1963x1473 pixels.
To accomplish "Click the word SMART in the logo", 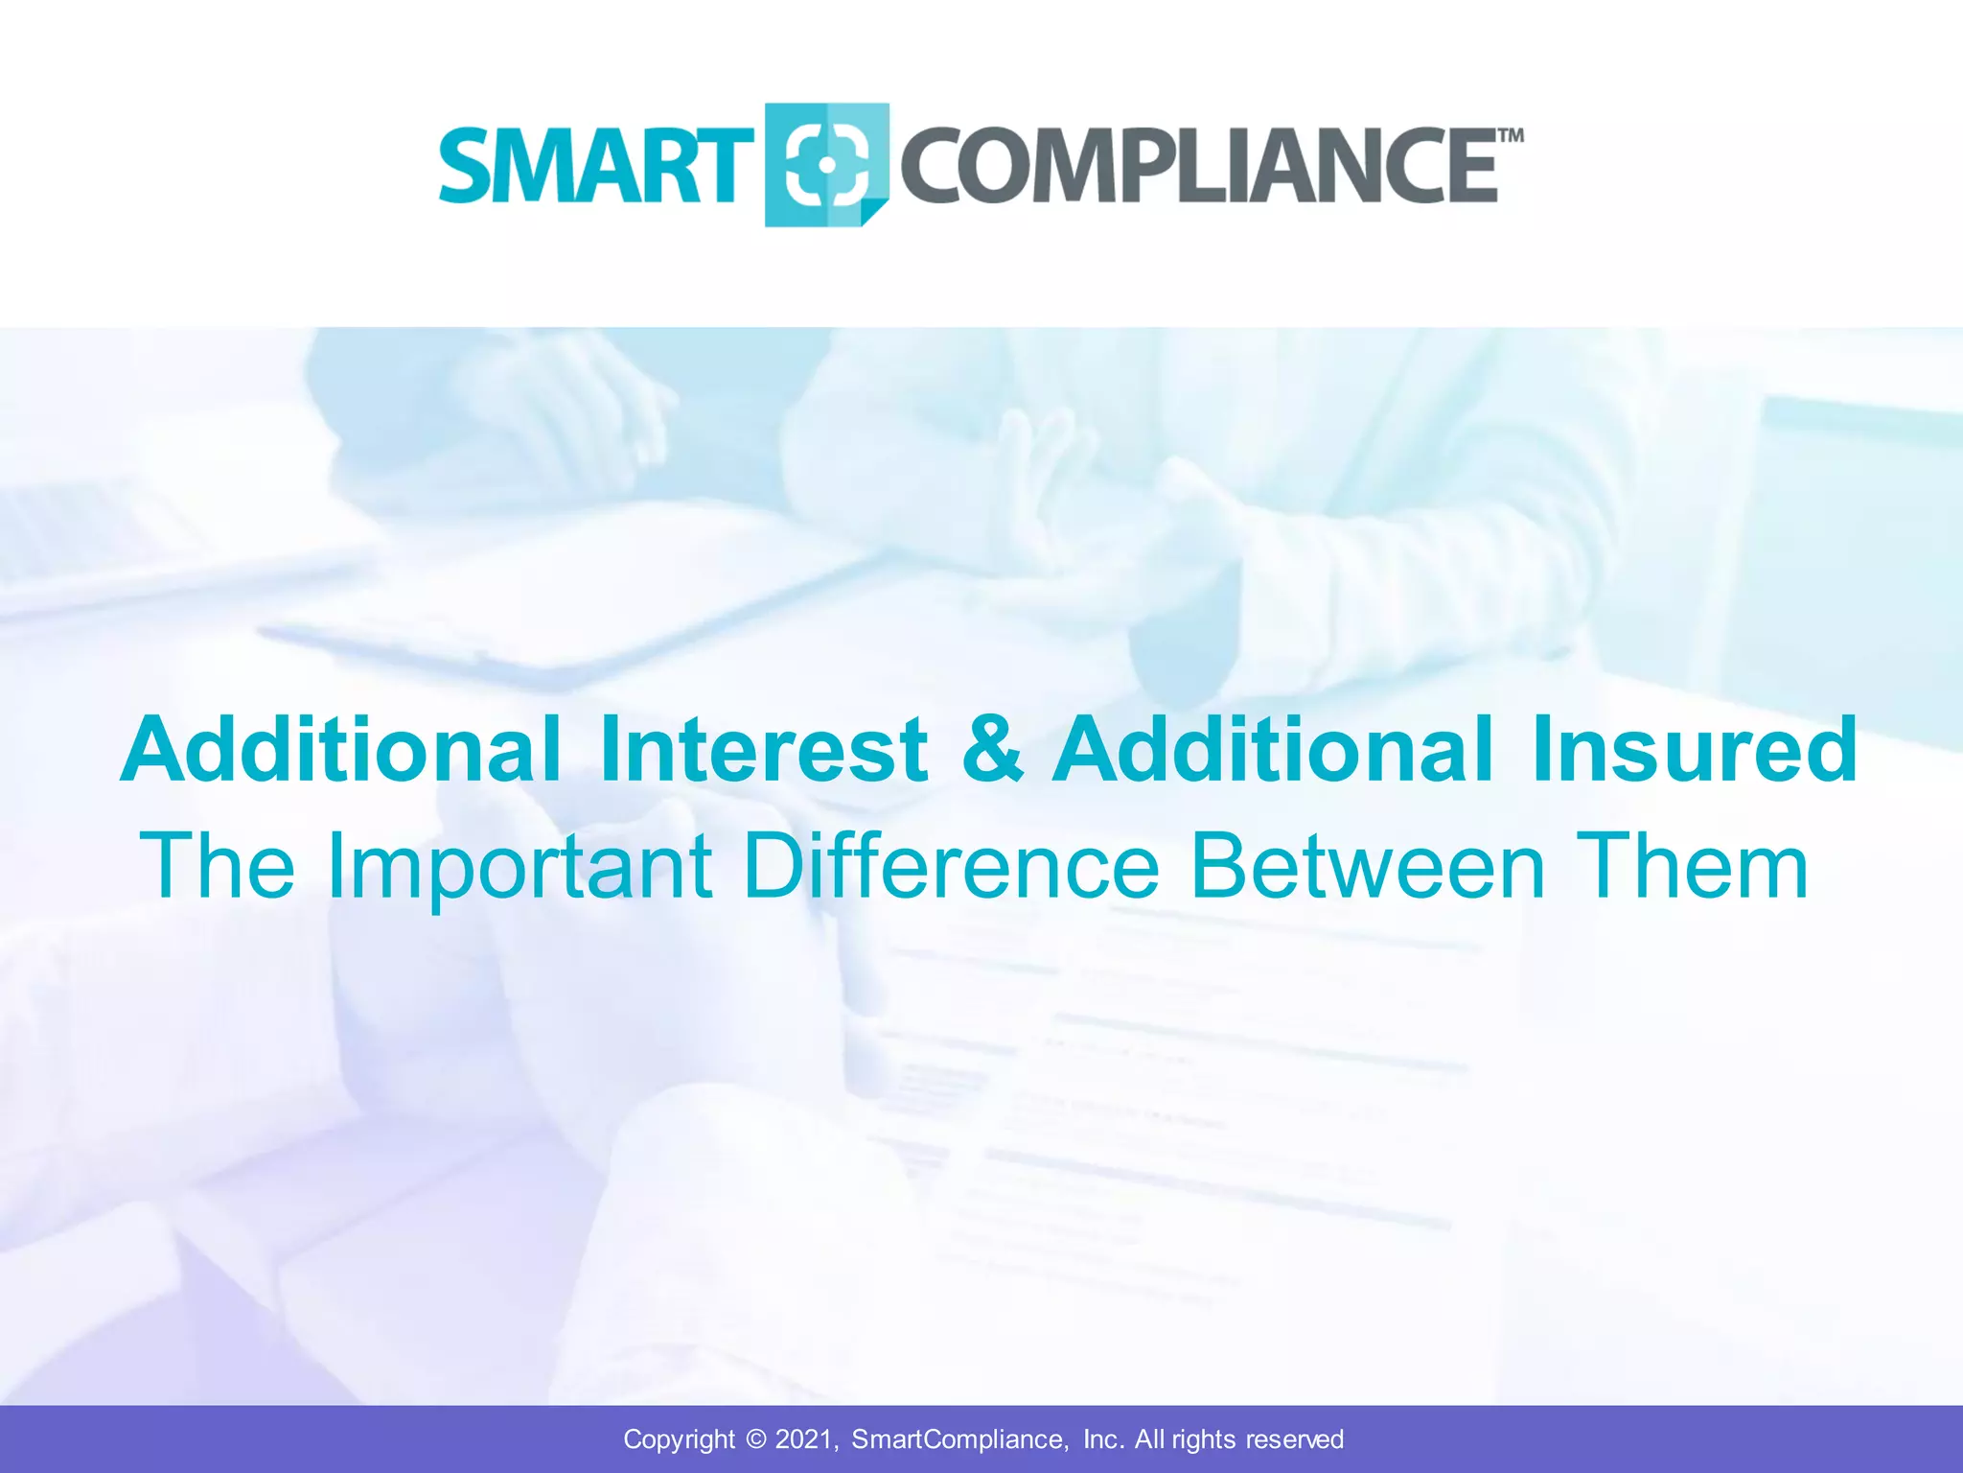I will click(594, 166).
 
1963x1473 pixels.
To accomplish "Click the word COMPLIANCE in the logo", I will click(1198, 166).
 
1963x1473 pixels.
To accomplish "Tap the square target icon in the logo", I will click(826, 165).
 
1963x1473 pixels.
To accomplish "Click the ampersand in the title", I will click(992, 749).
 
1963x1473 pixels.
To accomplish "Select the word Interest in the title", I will click(764, 749).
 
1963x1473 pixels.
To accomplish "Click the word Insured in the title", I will click(1695, 749).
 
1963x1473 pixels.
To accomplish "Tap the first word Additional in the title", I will click(340, 749).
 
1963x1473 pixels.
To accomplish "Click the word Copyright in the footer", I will click(679, 1439).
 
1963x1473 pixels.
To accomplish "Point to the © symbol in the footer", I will click(756, 1439).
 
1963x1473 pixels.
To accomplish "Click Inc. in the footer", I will click(1103, 1439).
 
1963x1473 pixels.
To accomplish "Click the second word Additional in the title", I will click(1273, 749).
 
